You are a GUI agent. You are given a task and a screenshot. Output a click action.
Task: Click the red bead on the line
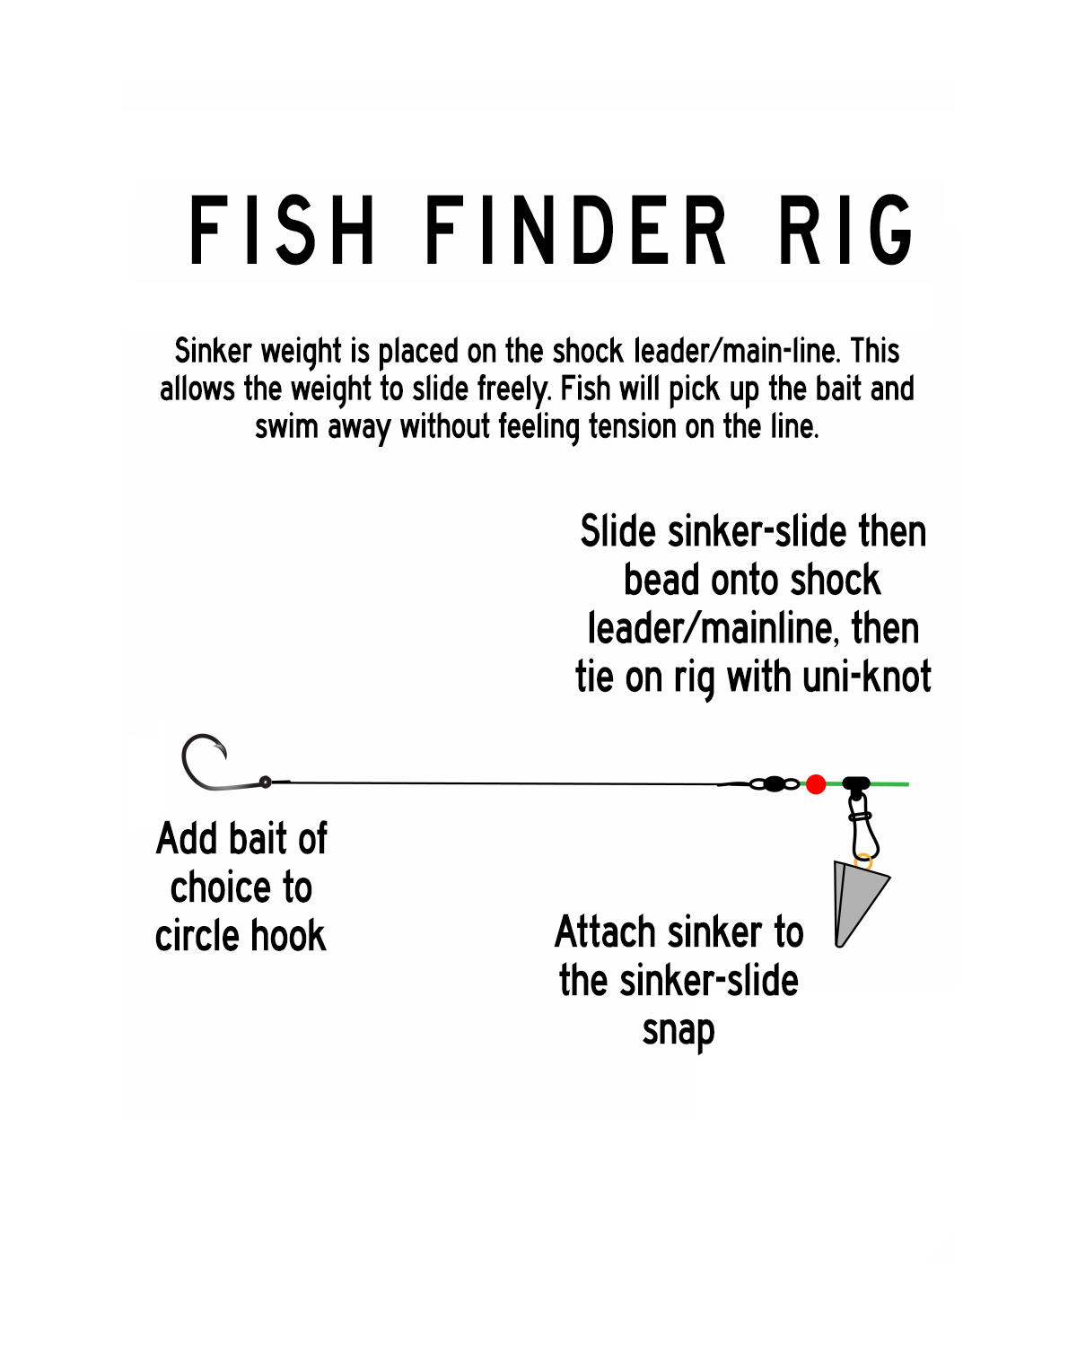click(816, 784)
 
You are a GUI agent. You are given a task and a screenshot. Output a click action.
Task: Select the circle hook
click(205, 764)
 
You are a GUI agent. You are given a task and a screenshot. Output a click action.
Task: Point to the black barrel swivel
click(774, 784)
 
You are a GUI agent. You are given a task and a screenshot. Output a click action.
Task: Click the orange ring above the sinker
click(863, 862)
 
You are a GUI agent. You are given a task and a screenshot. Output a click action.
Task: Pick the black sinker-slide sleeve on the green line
click(856, 783)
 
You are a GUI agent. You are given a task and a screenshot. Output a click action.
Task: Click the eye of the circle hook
click(266, 782)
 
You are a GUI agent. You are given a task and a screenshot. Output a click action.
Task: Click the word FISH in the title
click(282, 232)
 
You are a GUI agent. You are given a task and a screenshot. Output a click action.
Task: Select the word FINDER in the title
click(574, 232)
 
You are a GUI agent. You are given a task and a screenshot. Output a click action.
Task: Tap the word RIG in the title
click(845, 232)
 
